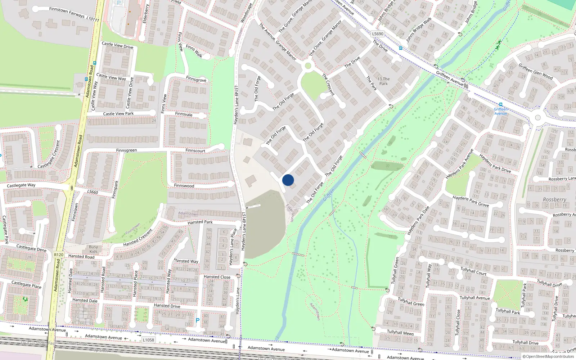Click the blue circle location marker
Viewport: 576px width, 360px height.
(x=288, y=180)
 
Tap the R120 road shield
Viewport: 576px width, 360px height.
(x=59, y=255)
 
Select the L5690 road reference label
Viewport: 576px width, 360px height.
(x=378, y=34)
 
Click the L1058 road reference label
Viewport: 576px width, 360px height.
(x=148, y=340)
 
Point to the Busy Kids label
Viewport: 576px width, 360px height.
(x=93, y=249)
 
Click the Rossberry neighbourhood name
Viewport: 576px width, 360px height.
(x=554, y=199)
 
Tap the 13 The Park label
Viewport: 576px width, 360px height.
(x=383, y=81)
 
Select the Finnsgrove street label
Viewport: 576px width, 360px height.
(x=196, y=79)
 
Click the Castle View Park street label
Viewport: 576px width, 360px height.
(x=118, y=114)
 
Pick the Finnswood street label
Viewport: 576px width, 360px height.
(x=184, y=186)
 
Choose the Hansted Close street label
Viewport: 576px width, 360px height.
(x=217, y=277)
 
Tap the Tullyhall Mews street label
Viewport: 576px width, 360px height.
(x=400, y=332)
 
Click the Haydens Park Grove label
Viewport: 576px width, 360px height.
(x=471, y=201)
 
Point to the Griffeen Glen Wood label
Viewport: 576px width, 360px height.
(x=535, y=71)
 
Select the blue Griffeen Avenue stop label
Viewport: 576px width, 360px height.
(x=501, y=111)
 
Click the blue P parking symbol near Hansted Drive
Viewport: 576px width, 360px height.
(x=197, y=320)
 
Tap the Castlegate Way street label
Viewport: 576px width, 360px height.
(x=21, y=185)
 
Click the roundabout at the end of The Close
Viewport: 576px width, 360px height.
(x=308, y=66)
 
